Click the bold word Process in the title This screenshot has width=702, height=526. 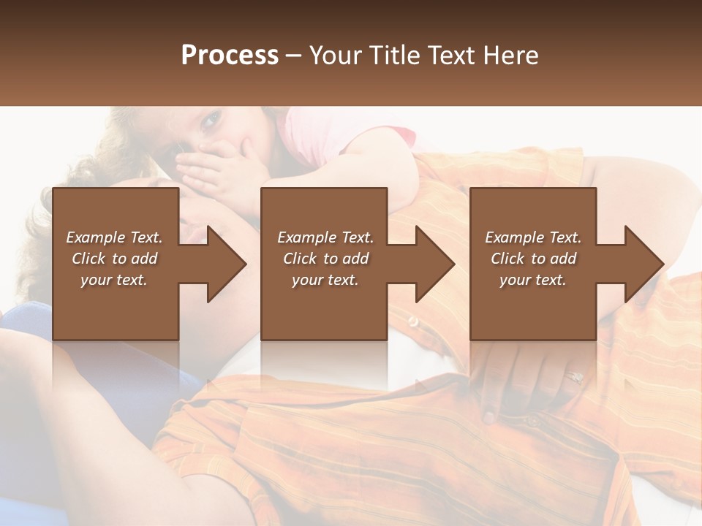pos(230,56)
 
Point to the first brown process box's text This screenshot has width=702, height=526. pos(114,259)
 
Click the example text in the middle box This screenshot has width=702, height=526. pos(325,259)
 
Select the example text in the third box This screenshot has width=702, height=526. pos(532,259)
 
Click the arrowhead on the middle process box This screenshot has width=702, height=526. pos(437,264)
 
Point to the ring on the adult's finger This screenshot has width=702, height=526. pos(574,378)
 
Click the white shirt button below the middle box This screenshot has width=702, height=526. pos(414,322)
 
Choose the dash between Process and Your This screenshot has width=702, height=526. pos(294,56)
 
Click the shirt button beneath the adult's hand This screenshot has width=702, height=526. pos(488,416)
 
